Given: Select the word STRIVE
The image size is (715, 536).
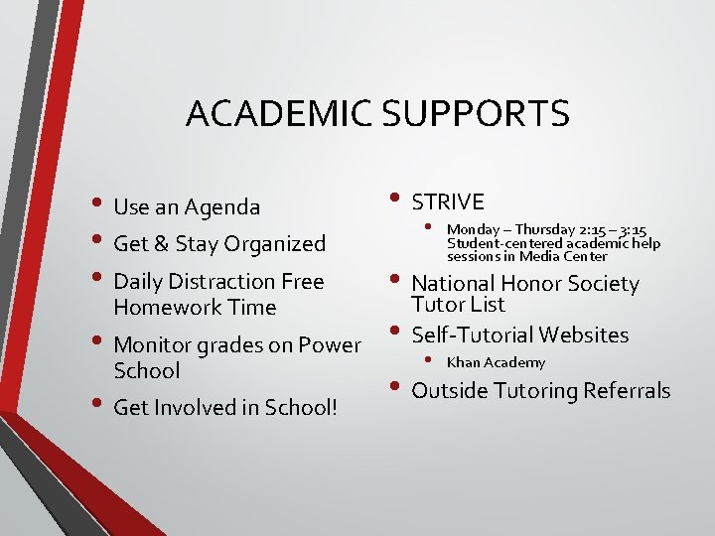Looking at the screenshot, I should [x=448, y=202].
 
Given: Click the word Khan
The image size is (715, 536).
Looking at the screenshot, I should [x=463, y=363].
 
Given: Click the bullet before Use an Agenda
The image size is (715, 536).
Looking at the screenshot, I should [x=99, y=205].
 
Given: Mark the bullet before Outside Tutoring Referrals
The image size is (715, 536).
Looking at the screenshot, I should [x=397, y=389].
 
